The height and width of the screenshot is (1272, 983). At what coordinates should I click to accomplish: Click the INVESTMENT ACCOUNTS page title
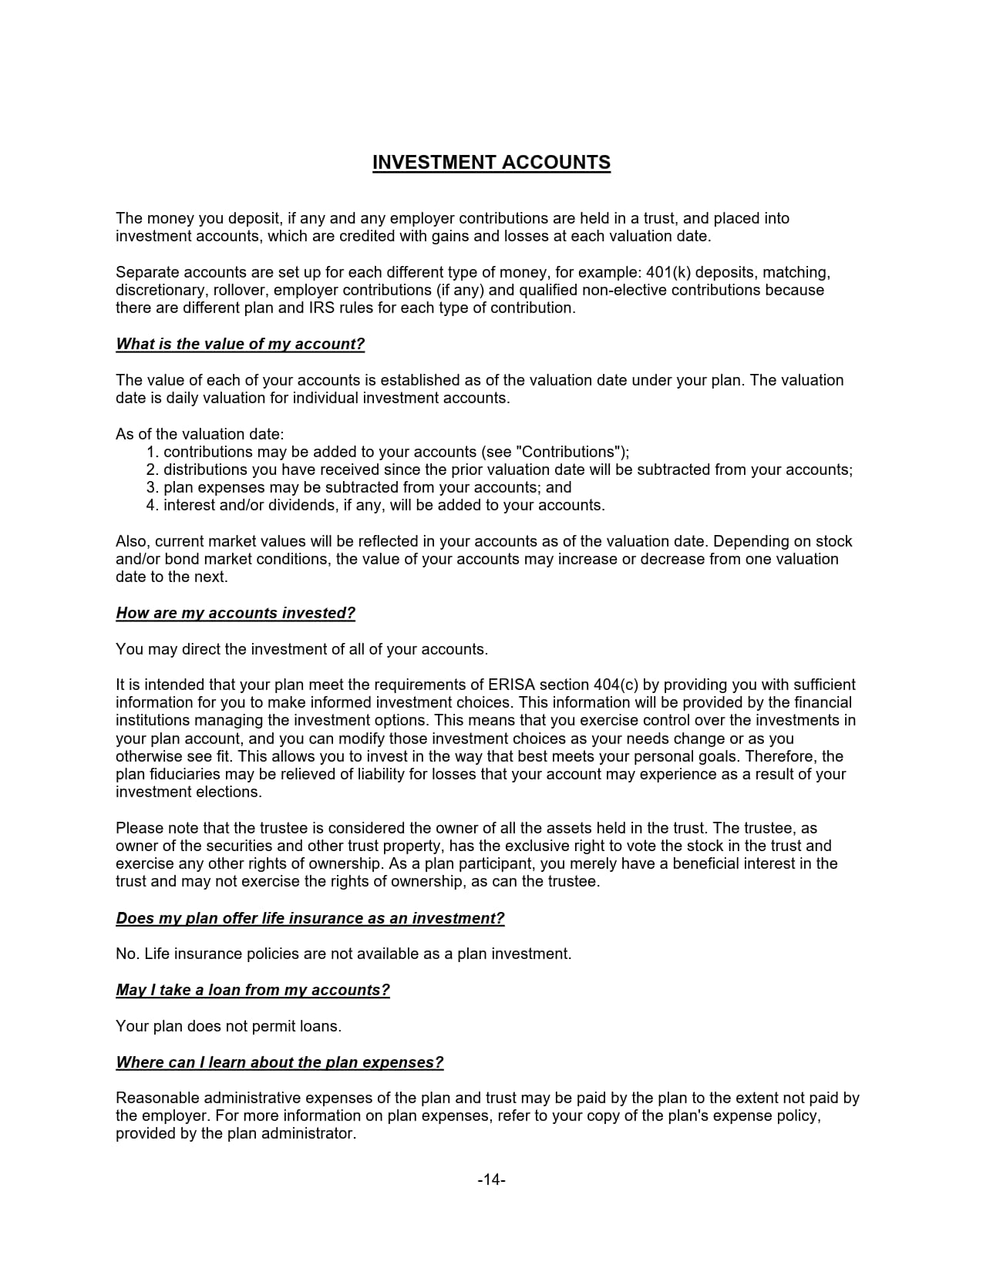pos(491,163)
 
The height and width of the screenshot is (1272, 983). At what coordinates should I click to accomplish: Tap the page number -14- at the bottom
pos(491,1179)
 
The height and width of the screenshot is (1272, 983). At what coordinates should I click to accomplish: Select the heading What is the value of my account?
pos(240,345)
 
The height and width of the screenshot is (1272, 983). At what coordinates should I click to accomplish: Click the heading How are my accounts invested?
pos(235,614)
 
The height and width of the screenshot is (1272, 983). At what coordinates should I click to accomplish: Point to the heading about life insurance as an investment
pos(310,918)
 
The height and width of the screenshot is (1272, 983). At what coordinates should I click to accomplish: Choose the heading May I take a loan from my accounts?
pos(252,990)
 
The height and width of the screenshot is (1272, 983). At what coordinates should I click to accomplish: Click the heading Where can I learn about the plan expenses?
pos(279,1062)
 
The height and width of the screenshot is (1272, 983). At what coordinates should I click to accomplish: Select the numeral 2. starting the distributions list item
pos(152,469)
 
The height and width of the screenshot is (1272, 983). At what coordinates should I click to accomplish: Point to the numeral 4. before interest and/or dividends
pos(152,506)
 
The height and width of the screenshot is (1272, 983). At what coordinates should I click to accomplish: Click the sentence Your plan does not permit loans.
pos(228,1026)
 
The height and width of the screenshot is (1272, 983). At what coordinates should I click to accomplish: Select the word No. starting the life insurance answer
pos(126,954)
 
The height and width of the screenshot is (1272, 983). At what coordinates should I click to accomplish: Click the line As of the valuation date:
pos(200,434)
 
